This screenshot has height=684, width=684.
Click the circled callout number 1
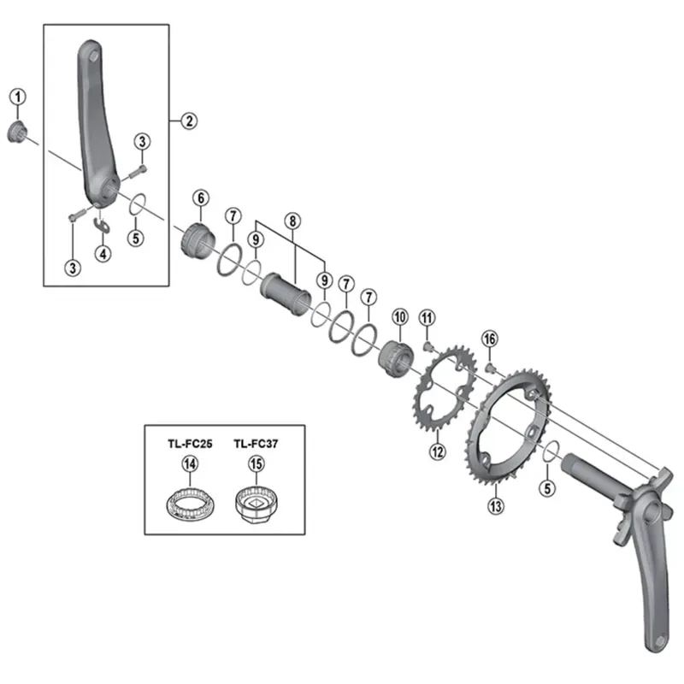coord(18,97)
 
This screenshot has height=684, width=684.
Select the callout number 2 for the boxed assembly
coord(189,121)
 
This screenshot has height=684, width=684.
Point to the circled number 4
coord(103,253)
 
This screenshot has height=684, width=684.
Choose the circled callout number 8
coord(292,220)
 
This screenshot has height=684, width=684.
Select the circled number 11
coord(427,319)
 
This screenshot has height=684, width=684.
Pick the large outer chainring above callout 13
coord(507,427)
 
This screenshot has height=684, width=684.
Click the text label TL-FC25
coord(190,444)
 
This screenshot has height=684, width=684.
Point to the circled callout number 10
coord(398,317)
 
